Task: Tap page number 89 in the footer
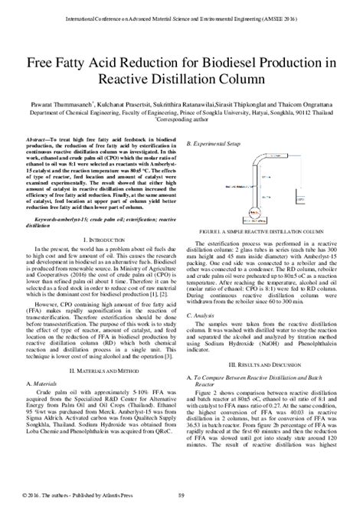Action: [x=181, y=502]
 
